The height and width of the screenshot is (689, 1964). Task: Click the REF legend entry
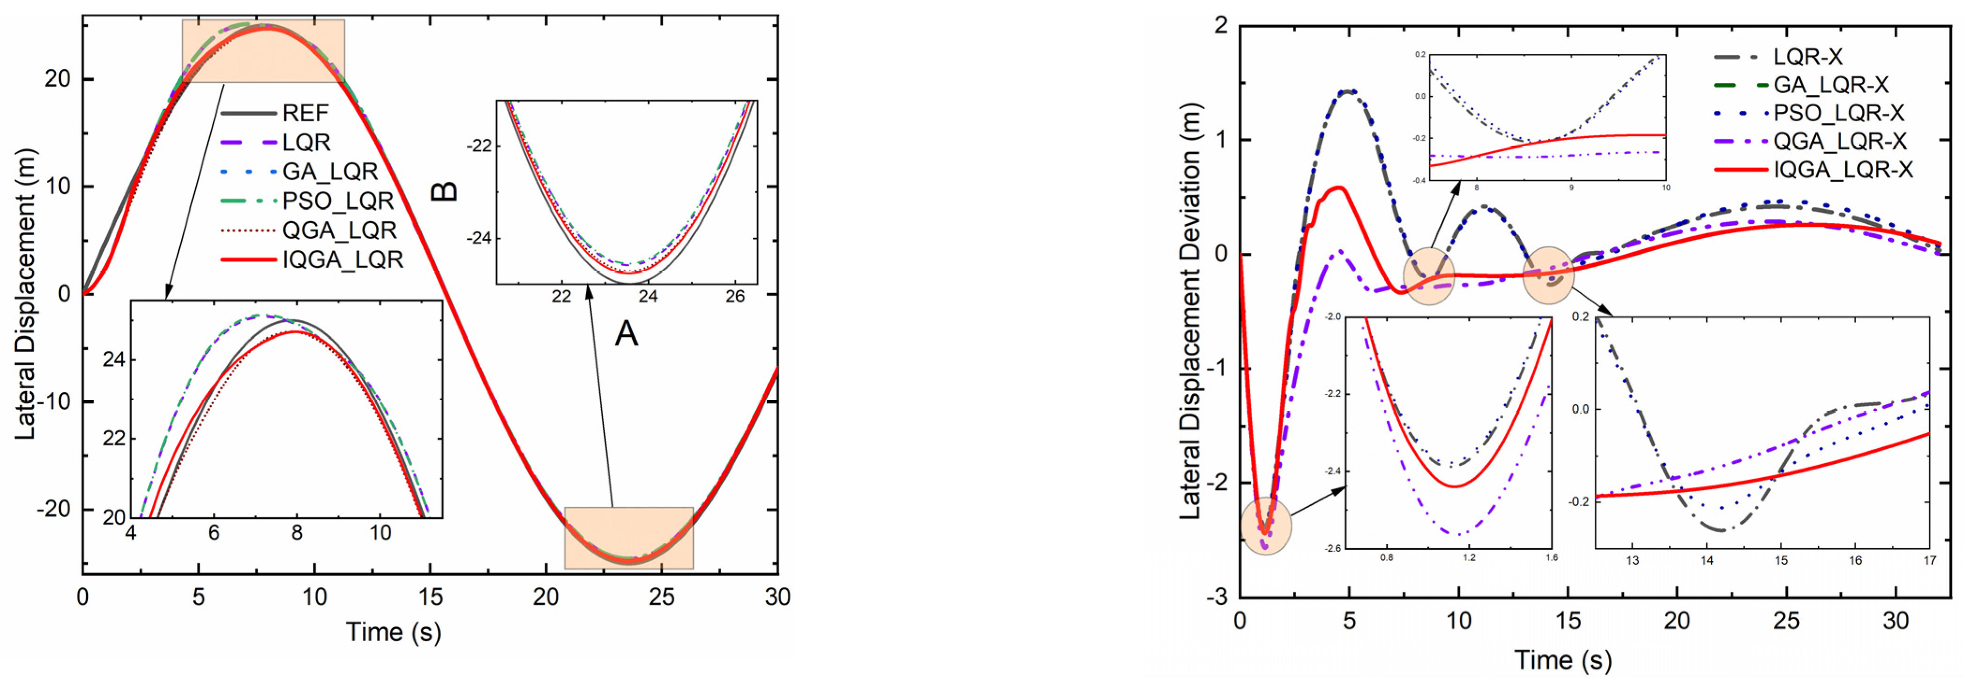coord(305,113)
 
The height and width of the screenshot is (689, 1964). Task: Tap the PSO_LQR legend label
coord(338,200)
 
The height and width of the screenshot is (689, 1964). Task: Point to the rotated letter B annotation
coord(445,191)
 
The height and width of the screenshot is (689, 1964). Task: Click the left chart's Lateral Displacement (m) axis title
coord(26,293)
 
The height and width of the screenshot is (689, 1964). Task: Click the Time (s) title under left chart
coord(394,632)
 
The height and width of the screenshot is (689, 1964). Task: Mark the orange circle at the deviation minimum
coord(1266,526)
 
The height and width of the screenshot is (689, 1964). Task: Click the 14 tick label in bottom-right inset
coord(1706,560)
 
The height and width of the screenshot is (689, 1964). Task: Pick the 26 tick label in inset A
coord(734,296)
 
